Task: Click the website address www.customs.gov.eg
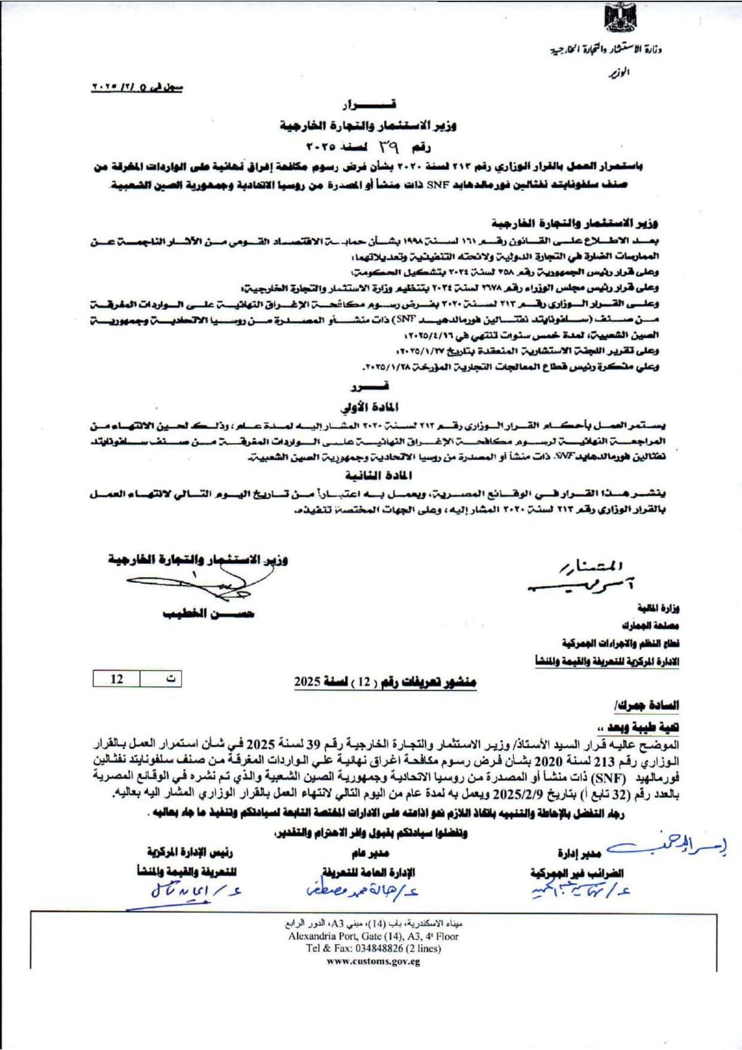tap(373, 962)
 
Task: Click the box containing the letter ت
tap(161, 679)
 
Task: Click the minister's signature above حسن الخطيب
tap(190, 584)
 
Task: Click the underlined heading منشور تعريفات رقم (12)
tap(385, 682)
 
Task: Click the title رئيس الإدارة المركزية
tap(190, 852)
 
